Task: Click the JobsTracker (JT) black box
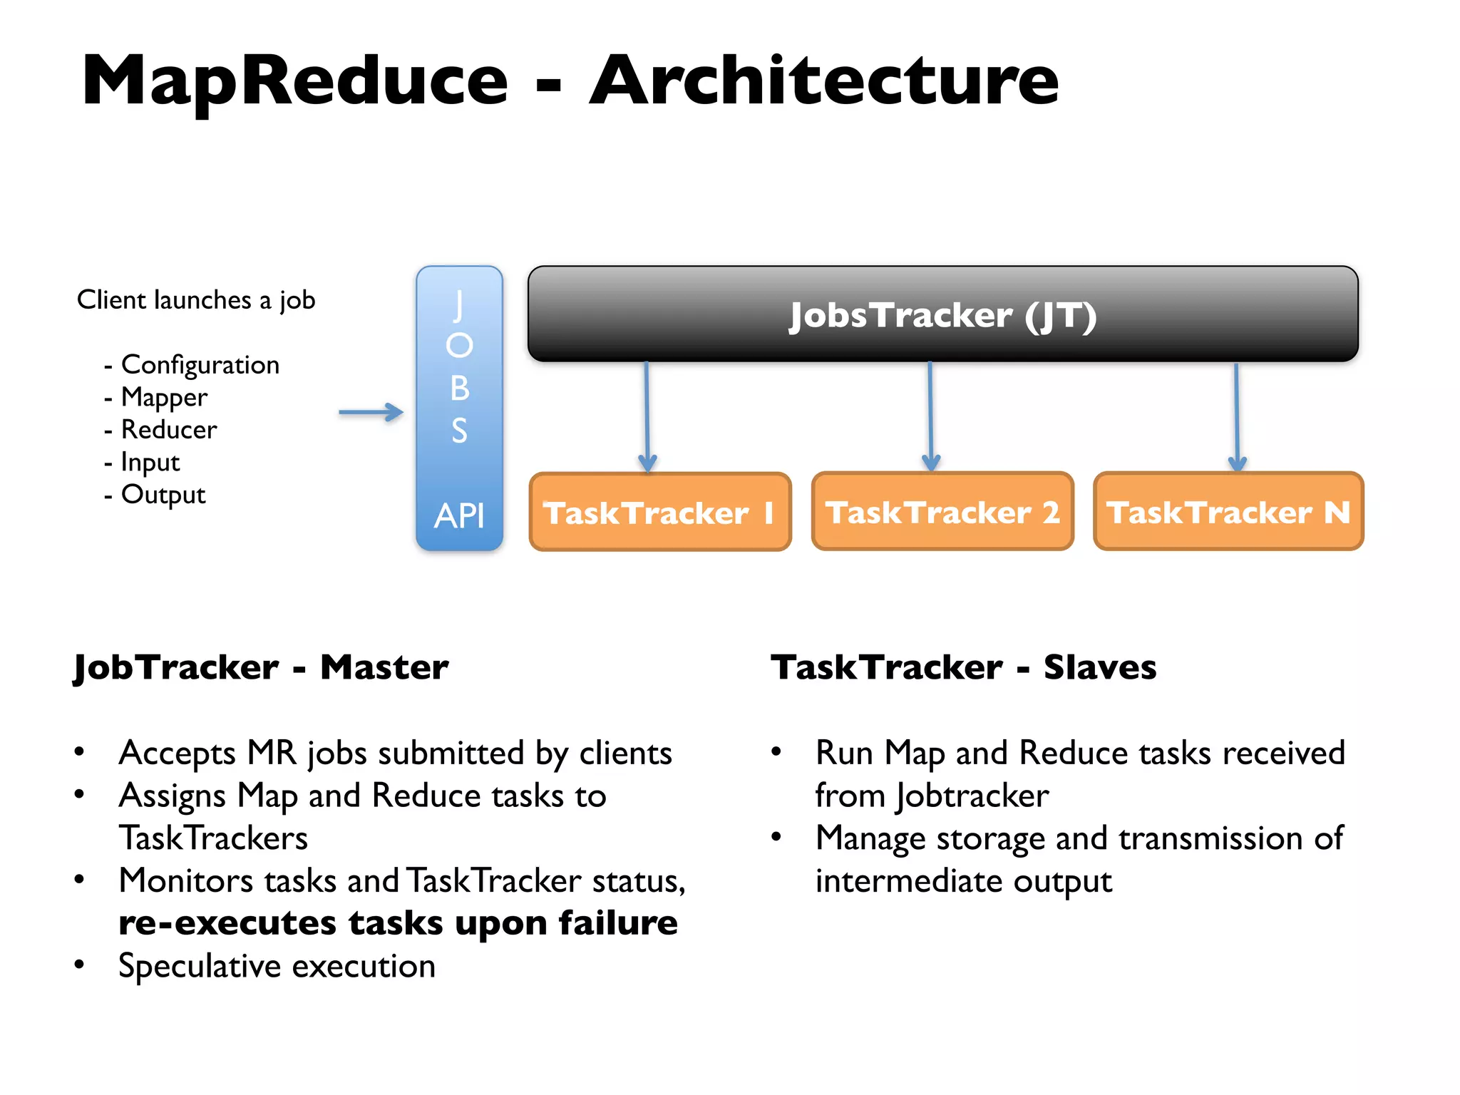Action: [x=942, y=314]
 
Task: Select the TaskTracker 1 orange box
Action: [x=660, y=512]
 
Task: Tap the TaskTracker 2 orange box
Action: [x=942, y=512]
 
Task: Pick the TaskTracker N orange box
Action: [x=1228, y=512]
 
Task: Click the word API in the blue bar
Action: [x=459, y=515]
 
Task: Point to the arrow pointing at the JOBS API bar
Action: [x=371, y=412]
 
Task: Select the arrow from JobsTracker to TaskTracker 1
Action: [x=647, y=417]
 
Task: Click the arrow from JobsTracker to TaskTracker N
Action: [x=1237, y=417]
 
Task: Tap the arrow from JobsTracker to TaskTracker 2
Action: [x=930, y=417]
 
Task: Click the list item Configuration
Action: [x=200, y=365]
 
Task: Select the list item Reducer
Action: [x=169, y=430]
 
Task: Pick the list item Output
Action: [x=163, y=495]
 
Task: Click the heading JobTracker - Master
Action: [x=261, y=668]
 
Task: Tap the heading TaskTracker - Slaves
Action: [x=963, y=668]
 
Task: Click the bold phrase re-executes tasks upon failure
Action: [x=398, y=923]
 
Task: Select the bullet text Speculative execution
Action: [x=277, y=967]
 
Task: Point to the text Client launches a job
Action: [x=196, y=300]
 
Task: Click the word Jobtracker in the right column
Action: [x=972, y=796]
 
